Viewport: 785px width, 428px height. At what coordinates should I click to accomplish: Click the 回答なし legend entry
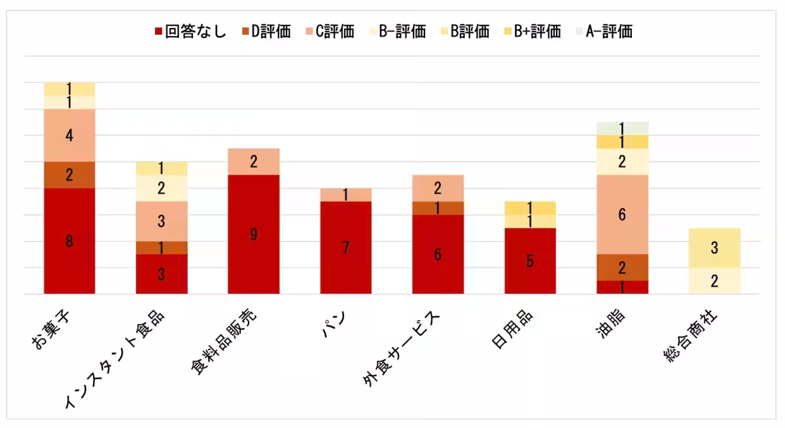pyautogui.click(x=190, y=31)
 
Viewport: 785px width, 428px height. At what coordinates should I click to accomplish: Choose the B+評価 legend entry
pyautogui.click(x=531, y=31)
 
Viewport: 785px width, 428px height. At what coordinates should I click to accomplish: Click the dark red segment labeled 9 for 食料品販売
pyautogui.click(x=253, y=234)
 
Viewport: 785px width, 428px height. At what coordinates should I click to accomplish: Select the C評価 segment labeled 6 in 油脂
pyautogui.click(x=621, y=215)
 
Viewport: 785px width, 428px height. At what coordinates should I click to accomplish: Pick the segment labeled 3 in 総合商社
pyautogui.click(x=714, y=248)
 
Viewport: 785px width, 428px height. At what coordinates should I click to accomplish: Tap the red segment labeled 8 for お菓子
pyautogui.click(x=69, y=241)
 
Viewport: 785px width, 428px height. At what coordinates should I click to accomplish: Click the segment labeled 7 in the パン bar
pyautogui.click(x=345, y=247)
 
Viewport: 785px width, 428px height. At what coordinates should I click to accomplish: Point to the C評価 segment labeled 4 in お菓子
pyautogui.click(x=69, y=135)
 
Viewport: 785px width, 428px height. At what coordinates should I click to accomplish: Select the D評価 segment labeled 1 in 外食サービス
pyautogui.click(x=438, y=208)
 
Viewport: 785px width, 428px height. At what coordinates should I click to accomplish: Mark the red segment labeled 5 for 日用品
pyautogui.click(x=530, y=261)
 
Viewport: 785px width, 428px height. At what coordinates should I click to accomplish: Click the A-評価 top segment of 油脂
pyautogui.click(x=621, y=128)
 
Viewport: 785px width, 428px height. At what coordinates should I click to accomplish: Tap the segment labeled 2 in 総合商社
pyautogui.click(x=714, y=281)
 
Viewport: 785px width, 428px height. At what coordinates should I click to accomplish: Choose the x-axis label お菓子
pyautogui.click(x=51, y=331)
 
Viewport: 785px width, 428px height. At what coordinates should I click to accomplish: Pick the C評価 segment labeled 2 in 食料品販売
pyautogui.click(x=253, y=162)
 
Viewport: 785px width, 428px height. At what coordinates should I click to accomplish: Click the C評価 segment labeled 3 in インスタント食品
pyautogui.click(x=162, y=221)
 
